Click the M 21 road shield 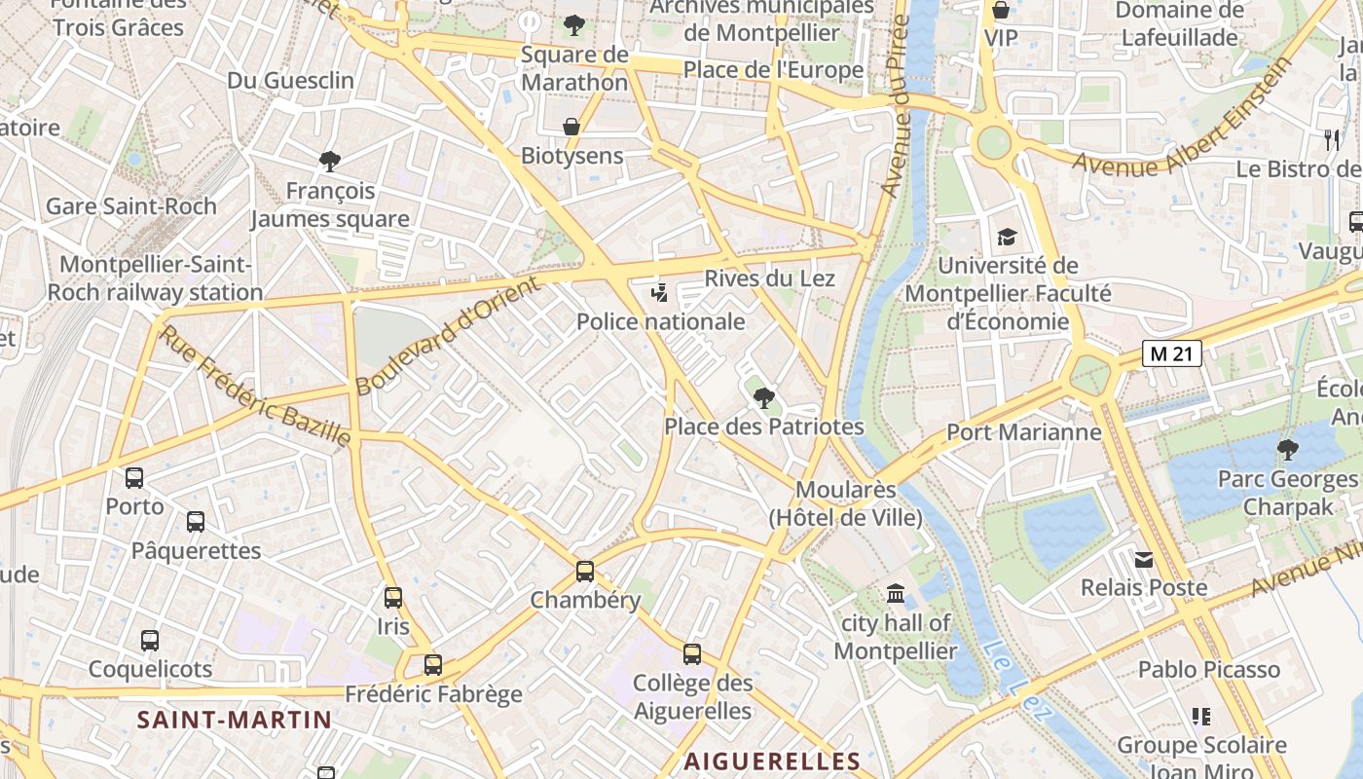1172,353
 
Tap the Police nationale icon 660,292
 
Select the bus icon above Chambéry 584,571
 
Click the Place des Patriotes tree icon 764,397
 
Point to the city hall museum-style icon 896,593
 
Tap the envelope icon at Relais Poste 1144,559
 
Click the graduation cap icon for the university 1007,237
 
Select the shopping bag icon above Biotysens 571,127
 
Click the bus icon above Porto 134,478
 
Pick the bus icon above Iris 393,597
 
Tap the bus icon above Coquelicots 149,641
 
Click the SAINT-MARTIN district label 235,720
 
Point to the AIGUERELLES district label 772,761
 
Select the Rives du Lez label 769,278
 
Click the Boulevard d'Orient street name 447,336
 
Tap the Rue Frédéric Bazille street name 255,387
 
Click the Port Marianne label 1024,431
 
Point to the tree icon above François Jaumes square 330,161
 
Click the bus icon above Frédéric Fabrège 433,665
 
